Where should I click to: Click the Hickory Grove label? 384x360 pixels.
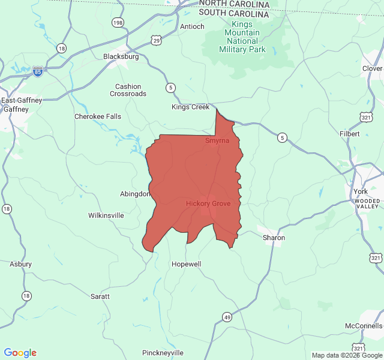pyautogui.click(x=208, y=204)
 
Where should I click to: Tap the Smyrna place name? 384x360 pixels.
pyautogui.click(x=217, y=140)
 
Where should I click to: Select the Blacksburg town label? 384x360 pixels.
pyautogui.click(x=121, y=56)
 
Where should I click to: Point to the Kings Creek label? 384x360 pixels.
pyautogui.click(x=190, y=107)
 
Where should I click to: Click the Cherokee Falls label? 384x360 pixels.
pyautogui.click(x=97, y=116)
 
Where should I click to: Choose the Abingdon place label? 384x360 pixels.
pyautogui.click(x=135, y=194)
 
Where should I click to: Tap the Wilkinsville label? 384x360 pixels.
pyautogui.click(x=106, y=215)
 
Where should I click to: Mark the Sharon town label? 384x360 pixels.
pyautogui.click(x=274, y=238)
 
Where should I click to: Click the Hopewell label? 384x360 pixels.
pyautogui.click(x=187, y=264)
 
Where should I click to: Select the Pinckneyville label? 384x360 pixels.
pyautogui.click(x=160, y=353)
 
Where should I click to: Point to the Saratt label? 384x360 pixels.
pyautogui.click(x=100, y=296)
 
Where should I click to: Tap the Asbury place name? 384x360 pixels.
pyautogui.click(x=20, y=264)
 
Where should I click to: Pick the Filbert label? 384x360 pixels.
pyautogui.click(x=350, y=134)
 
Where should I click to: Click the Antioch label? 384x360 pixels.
pyautogui.click(x=192, y=26)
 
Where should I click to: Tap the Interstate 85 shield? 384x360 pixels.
pyautogui.click(x=38, y=71)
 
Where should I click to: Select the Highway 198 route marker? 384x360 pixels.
pyautogui.click(x=118, y=23)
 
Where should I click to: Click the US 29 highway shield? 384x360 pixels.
pyautogui.click(x=157, y=41)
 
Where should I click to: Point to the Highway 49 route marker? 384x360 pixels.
pyautogui.click(x=226, y=317)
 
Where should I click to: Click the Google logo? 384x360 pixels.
pyautogui.click(x=20, y=353)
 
